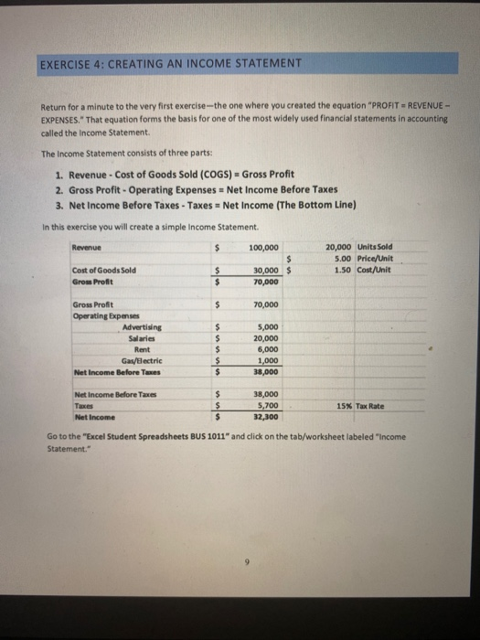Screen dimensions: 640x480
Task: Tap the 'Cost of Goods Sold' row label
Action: [103, 270]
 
